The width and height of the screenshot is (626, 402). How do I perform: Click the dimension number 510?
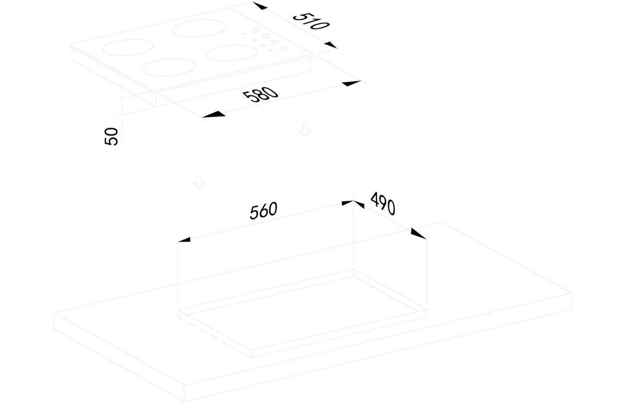tap(311, 22)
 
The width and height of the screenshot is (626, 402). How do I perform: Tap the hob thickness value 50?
tap(112, 137)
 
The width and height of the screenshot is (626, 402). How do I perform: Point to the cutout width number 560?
tap(263, 211)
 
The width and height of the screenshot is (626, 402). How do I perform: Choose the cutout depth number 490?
tap(383, 203)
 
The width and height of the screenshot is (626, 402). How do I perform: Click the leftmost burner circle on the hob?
tap(128, 47)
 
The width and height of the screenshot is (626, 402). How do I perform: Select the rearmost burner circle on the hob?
tap(200, 28)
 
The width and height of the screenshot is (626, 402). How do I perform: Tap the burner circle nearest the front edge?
tap(168, 67)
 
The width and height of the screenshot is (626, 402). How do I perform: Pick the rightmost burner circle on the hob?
tap(232, 53)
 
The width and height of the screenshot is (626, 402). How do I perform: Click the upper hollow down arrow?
tap(305, 130)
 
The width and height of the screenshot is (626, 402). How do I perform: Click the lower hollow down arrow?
tap(199, 183)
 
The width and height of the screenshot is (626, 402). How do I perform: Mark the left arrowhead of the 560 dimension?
tap(184, 239)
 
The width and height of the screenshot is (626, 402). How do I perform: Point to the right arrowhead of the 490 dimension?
tap(418, 234)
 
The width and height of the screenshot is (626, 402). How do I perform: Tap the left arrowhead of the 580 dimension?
tap(214, 114)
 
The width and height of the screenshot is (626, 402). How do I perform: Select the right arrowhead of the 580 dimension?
tap(352, 83)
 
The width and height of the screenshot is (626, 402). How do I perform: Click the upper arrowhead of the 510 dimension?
tap(260, 6)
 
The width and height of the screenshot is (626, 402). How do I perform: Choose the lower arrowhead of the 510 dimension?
tap(330, 45)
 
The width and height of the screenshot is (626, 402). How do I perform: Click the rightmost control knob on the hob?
tap(284, 49)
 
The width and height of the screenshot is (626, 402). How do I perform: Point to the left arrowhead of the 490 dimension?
tap(358, 205)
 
